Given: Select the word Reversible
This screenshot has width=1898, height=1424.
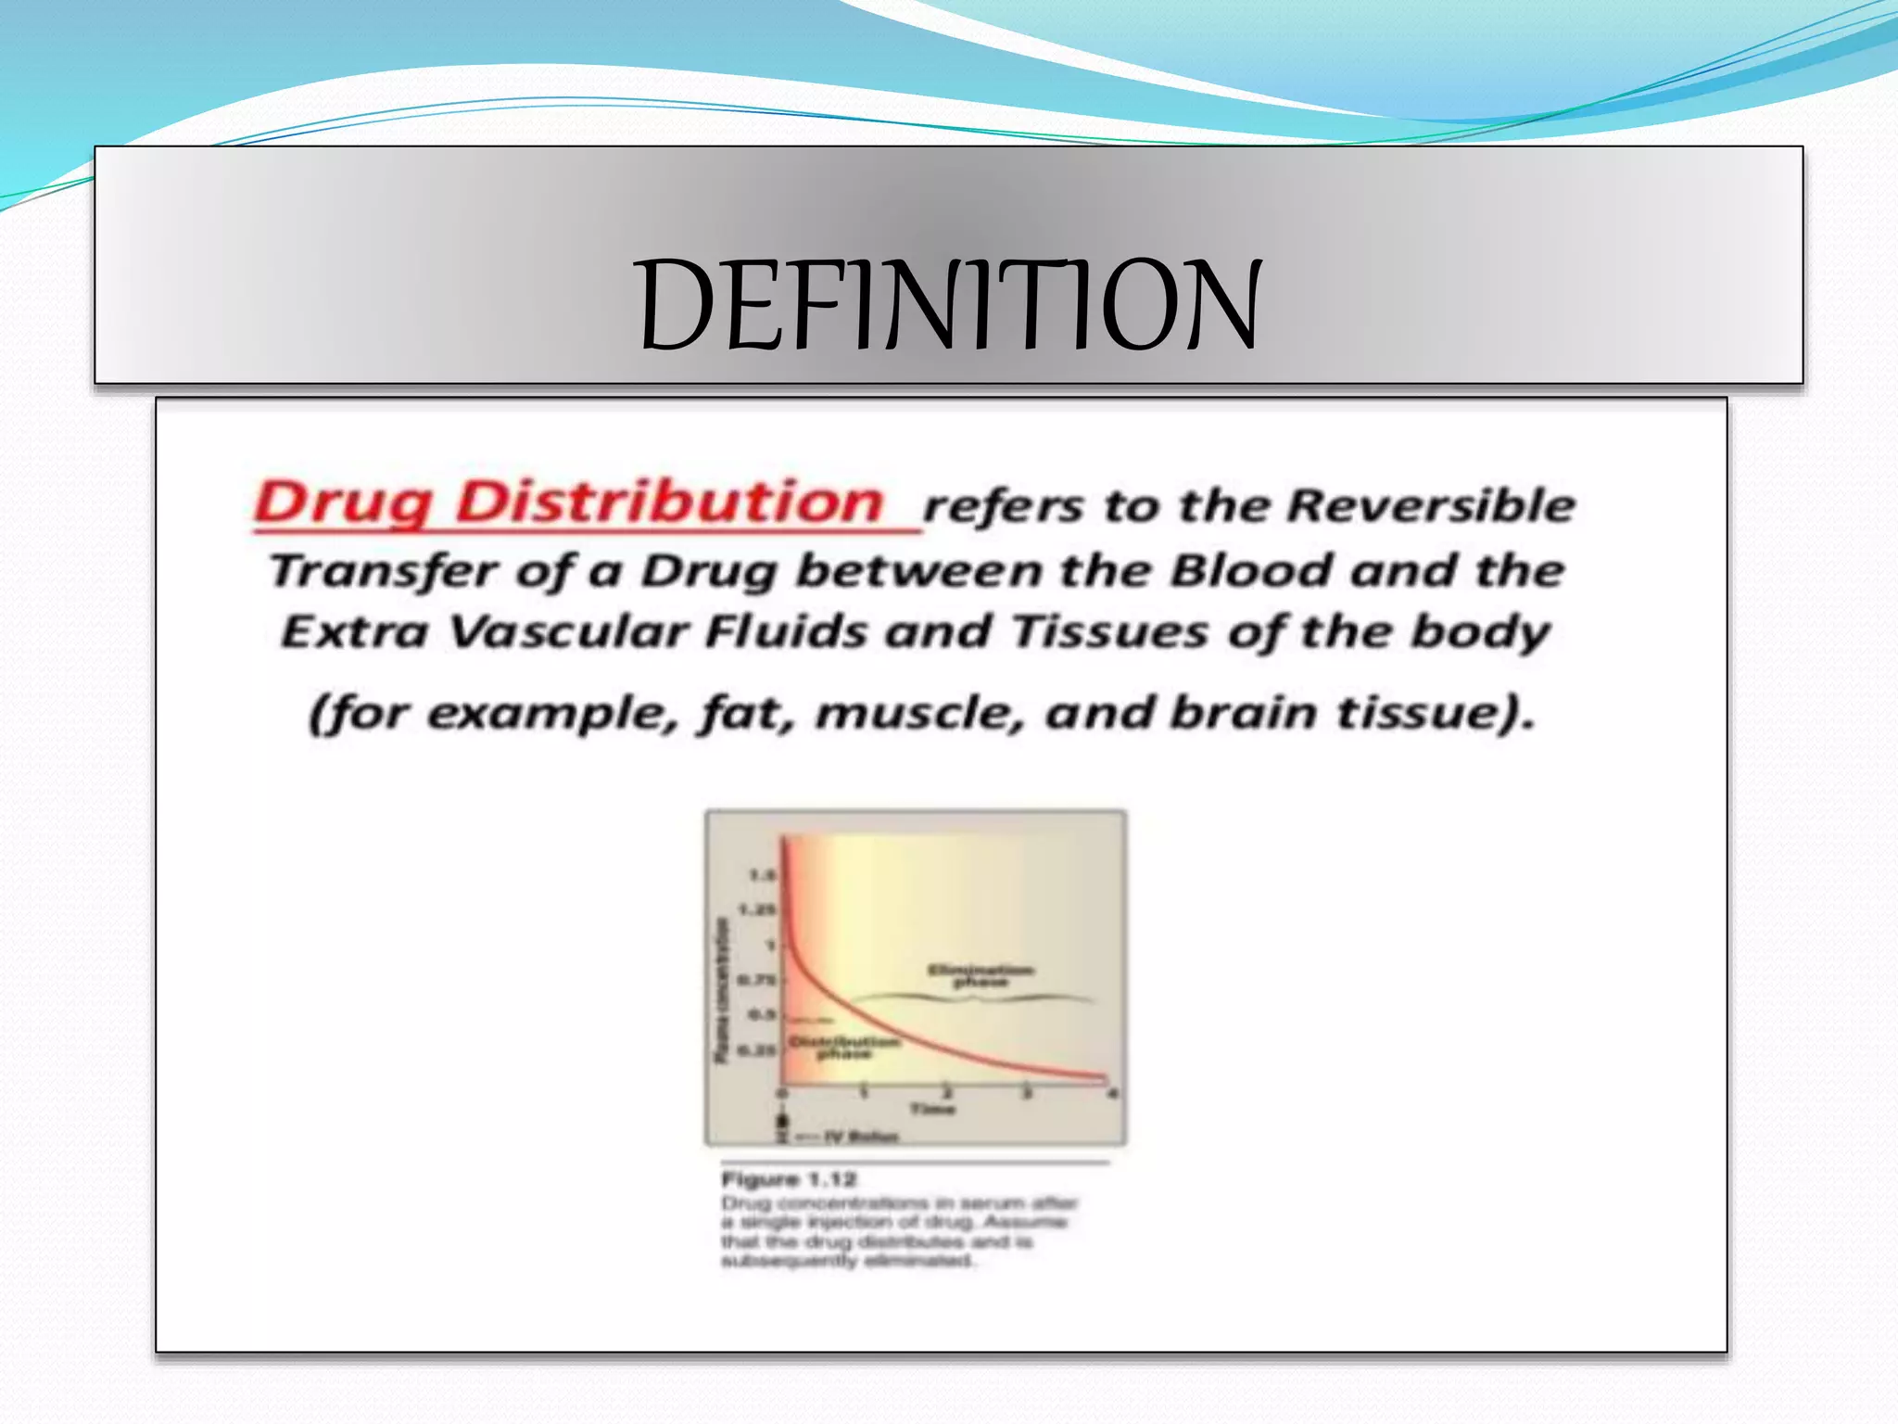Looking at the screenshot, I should [x=1432, y=506].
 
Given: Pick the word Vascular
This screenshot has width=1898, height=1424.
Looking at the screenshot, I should [x=569, y=632].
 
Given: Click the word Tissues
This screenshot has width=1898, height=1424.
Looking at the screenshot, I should [x=1108, y=632].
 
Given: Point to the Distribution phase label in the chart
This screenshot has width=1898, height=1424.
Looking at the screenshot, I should [x=843, y=1048].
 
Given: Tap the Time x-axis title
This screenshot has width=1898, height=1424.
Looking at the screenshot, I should [x=931, y=1109].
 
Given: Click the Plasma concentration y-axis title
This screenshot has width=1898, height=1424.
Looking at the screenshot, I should [x=722, y=990].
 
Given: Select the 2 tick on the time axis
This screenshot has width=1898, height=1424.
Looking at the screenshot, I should [x=946, y=1091].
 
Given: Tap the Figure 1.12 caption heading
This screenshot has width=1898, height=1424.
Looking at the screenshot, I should [x=789, y=1179].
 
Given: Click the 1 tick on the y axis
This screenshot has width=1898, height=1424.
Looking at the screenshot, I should [x=769, y=946].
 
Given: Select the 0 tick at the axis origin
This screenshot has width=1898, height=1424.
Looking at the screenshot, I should [x=781, y=1095].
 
